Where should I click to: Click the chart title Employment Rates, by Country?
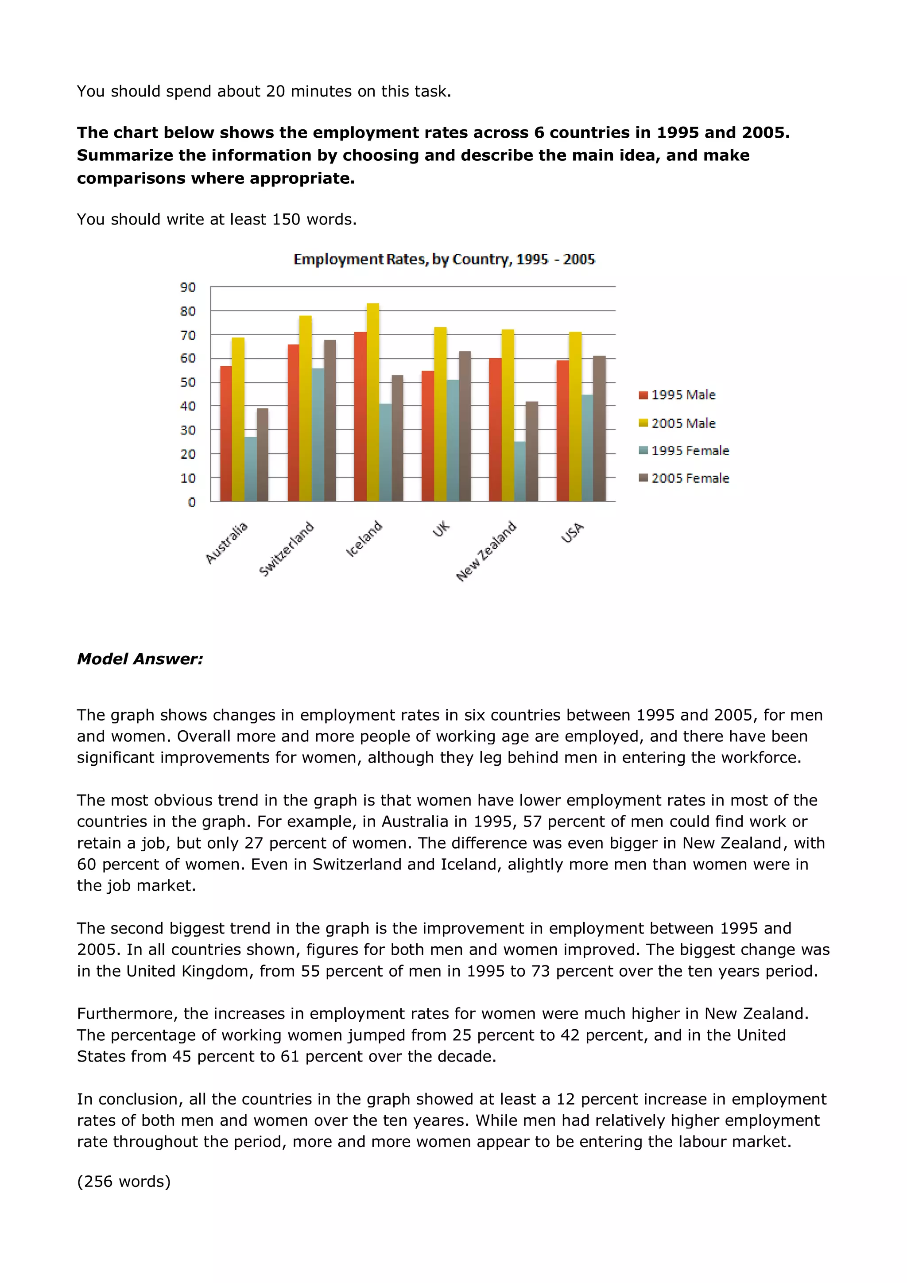[444, 259]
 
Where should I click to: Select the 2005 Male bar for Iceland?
[373, 402]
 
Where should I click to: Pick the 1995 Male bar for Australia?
[226, 434]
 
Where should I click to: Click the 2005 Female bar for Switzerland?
[329, 420]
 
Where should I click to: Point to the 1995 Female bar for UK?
[453, 440]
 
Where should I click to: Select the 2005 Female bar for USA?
[599, 428]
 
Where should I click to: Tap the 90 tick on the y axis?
[188, 287]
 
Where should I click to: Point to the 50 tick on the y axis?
[188, 383]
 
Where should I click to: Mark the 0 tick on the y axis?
[192, 502]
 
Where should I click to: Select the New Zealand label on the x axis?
[486, 551]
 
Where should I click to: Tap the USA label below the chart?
[573, 532]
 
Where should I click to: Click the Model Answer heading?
[140, 659]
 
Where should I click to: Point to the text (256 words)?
[124, 1181]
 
